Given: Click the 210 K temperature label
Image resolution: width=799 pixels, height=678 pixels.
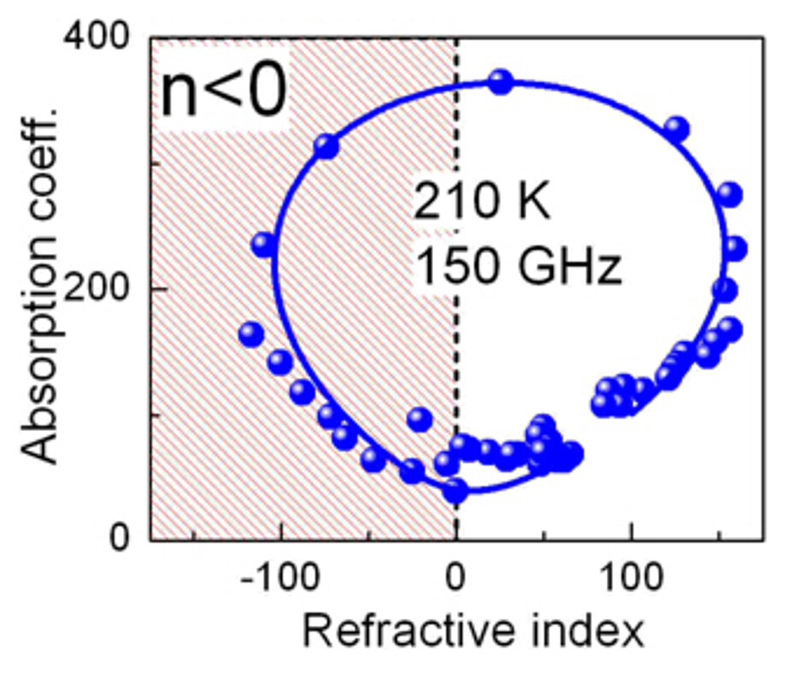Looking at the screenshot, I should [483, 205].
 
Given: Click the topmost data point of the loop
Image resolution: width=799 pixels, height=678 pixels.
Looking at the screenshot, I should [501, 82].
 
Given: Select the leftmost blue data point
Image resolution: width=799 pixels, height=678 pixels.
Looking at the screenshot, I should [250, 333].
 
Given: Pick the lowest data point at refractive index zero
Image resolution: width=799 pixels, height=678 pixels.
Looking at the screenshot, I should [455, 491].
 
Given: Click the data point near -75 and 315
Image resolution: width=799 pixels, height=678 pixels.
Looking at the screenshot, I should [326, 146].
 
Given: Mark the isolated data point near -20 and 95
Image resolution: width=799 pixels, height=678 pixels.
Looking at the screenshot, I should [420, 419].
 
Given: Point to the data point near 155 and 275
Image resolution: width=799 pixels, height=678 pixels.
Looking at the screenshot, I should [730, 194].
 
